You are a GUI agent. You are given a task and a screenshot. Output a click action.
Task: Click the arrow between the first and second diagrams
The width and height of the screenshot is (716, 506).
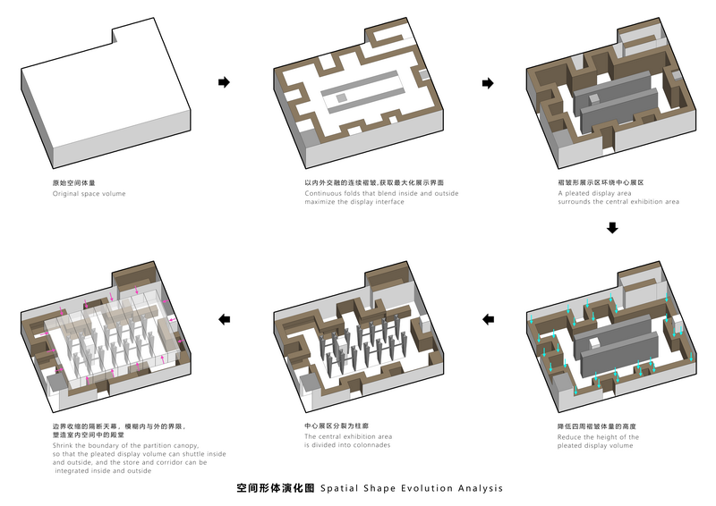pyautogui.click(x=224, y=82)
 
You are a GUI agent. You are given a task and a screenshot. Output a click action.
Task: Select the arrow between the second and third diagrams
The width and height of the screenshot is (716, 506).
pyautogui.click(x=488, y=83)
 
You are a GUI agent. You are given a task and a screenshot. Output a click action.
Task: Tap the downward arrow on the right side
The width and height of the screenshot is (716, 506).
pyautogui.click(x=612, y=228)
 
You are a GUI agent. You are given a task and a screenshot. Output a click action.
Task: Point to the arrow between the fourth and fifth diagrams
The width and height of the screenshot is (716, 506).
pyautogui.click(x=488, y=319)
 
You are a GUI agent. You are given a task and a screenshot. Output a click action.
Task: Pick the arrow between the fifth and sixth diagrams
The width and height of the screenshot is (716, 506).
pyautogui.click(x=225, y=319)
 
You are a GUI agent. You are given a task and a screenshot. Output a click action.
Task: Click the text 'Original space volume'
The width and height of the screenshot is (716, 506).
pyautogui.click(x=89, y=193)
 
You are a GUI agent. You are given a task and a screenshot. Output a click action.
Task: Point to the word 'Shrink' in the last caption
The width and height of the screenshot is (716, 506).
pyautogui.click(x=63, y=445)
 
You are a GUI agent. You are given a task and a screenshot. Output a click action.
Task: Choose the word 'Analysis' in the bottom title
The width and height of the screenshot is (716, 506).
pyautogui.click(x=481, y=489)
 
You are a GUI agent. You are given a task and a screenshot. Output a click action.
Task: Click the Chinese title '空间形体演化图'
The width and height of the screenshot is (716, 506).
pyautogui.click(x=276, y=488)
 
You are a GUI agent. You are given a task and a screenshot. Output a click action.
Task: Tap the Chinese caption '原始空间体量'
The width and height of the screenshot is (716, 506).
pyautogui.click(x=74, y=183)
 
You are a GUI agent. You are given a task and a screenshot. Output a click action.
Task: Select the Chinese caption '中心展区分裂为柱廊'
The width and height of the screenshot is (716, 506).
pyautogui.click(x=337, y=426)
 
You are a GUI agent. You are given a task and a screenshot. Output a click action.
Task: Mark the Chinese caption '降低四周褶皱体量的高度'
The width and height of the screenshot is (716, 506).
pyautogui.click(x=596, y=426)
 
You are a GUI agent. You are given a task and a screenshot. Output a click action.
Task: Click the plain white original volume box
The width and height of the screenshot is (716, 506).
pyautogui.click(x=106, y=91)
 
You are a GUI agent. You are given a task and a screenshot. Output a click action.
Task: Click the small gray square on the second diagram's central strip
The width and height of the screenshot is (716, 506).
pyautogui.click(x=342, y=98)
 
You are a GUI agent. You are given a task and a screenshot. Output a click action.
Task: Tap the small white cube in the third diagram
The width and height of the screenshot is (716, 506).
pyautogui.click(x=594, y=99)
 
